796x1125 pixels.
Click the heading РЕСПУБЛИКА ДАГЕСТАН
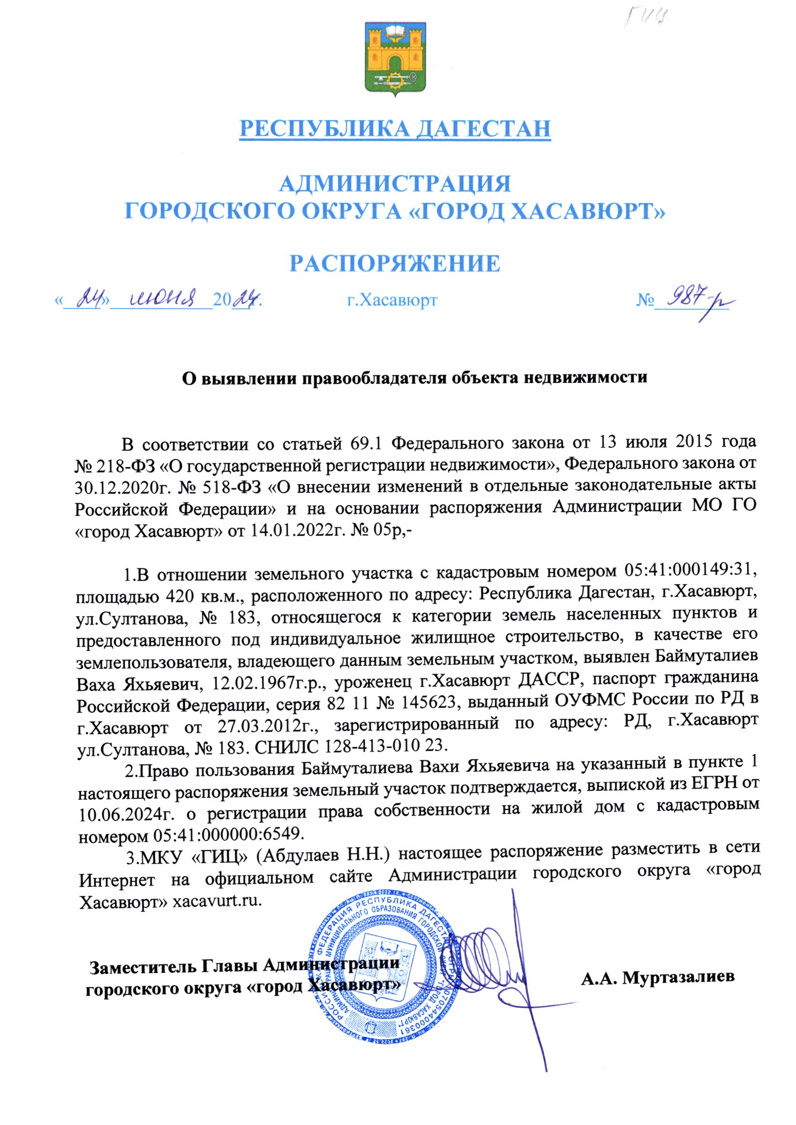click(x=395, y=128)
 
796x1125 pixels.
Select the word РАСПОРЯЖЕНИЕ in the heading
click(x=395, y=263)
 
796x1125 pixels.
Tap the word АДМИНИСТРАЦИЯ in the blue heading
click(x=395, y=184)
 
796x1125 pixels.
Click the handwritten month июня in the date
click(x=162, y=297)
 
